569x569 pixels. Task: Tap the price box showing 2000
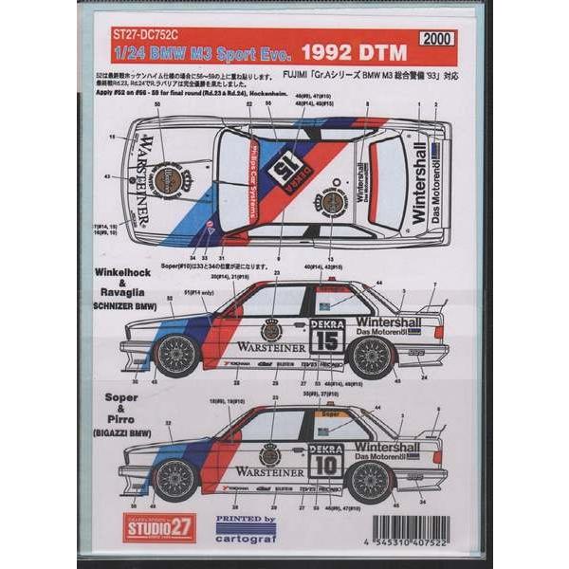[x=436, y=38]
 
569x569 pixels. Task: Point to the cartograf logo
[x=246, y=535]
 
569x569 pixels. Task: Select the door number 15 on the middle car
[x=328, y=339]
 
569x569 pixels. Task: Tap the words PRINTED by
[x=246, y=520]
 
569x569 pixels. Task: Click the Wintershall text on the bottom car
[x=388, y=448]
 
